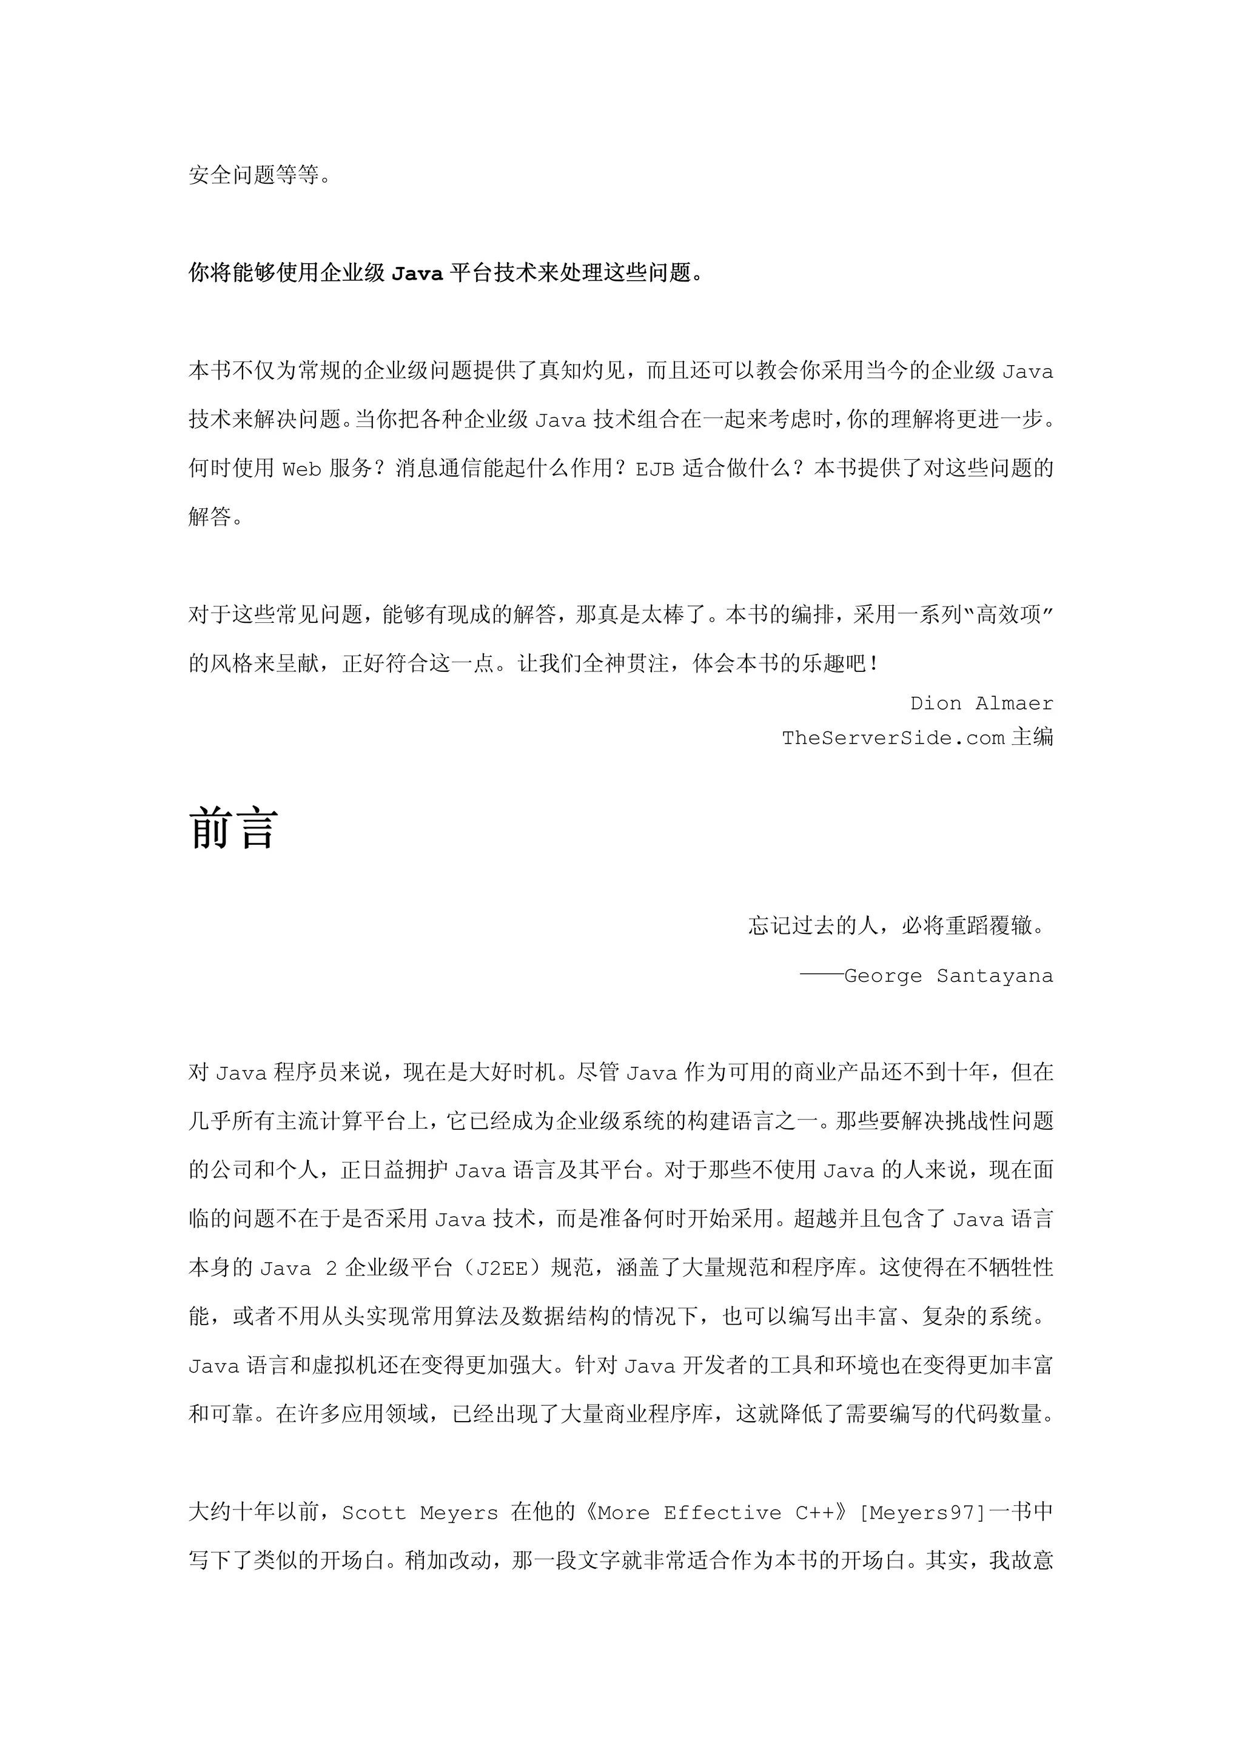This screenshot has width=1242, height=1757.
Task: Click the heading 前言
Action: [x=233, y=828]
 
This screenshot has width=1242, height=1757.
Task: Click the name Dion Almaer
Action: [x=981, y=704]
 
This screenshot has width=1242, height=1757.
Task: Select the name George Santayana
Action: [x=948, y=976]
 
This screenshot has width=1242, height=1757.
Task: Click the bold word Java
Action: [x=417, y=273]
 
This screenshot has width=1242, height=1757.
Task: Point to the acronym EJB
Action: [x=655, y=469]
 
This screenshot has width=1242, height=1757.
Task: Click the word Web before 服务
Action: [x=302, y=469]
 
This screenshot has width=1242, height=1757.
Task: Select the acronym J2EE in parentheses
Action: [x=502, y=1268]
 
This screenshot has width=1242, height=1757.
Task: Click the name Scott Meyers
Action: [x=419, y=1513]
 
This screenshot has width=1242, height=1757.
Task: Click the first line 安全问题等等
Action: [x=260, y=175]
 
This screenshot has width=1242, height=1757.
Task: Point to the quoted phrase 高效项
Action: [x=1009, y=614]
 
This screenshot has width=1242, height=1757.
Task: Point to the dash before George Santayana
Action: [x=821, y=976]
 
